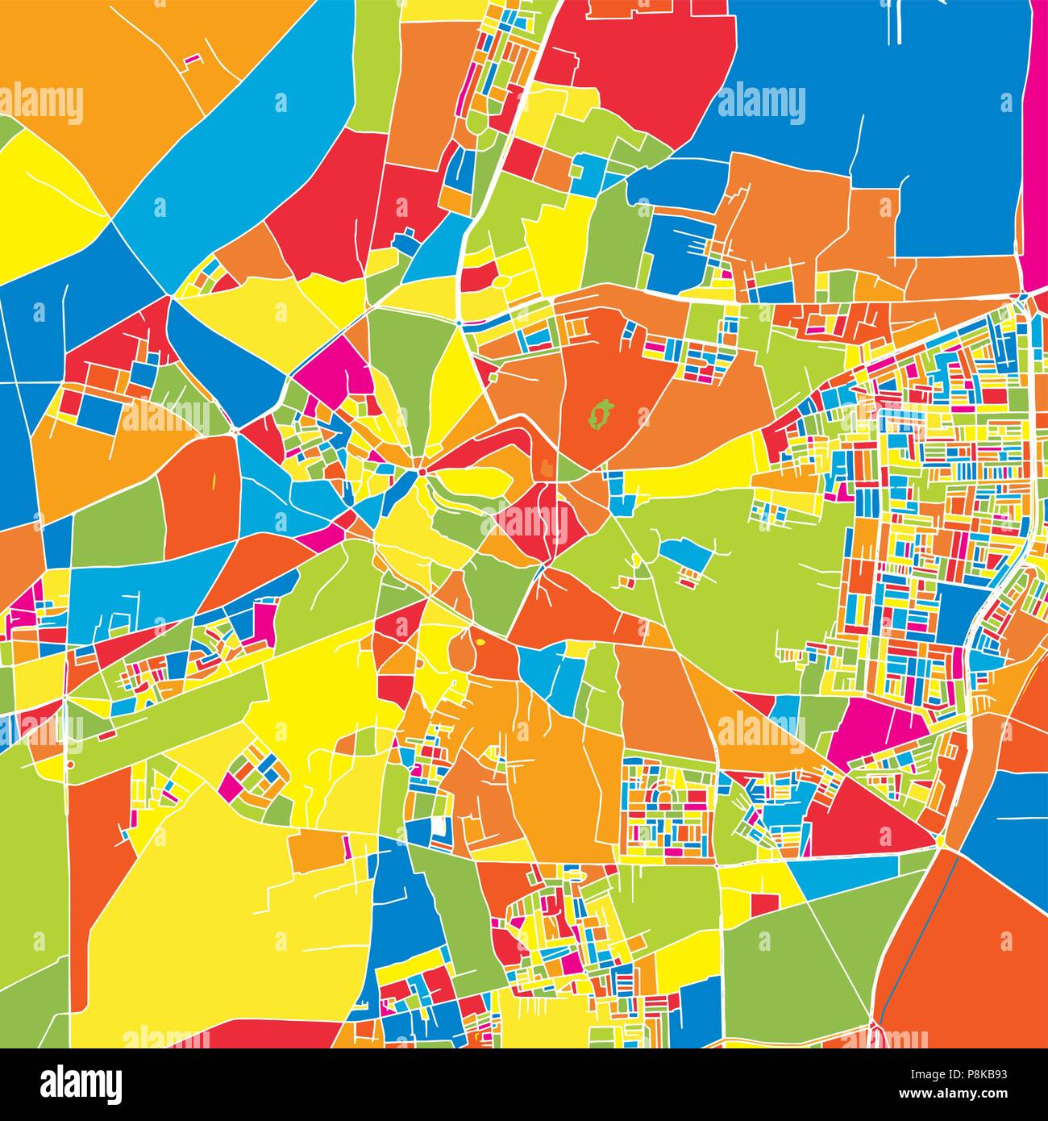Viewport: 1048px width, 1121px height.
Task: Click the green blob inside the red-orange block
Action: pyautogui.click(x=598, y=415)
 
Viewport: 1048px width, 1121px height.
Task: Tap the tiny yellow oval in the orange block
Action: pyautogui.click(x=481, y=643)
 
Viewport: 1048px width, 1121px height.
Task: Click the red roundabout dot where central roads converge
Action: pyautogui.click(x=421, y=471)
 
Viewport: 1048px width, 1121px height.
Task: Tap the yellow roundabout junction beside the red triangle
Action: pyautogui.click(x=941, y=841)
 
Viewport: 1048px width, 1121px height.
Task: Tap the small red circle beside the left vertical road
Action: pyautogui.click(x=71, y=763)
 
